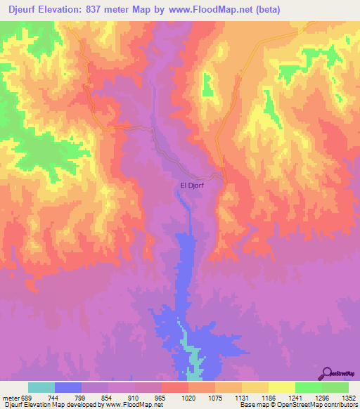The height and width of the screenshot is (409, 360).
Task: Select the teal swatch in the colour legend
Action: coord(41,387)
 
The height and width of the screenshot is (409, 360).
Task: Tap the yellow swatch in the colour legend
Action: coord(281,387)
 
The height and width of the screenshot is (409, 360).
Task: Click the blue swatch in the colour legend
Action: coord(68,387)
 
